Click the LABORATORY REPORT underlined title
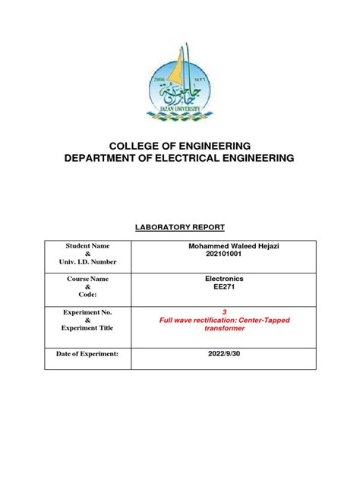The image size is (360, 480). click(x=179, y=226)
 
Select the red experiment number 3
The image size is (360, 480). click(x=223, y=312)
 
